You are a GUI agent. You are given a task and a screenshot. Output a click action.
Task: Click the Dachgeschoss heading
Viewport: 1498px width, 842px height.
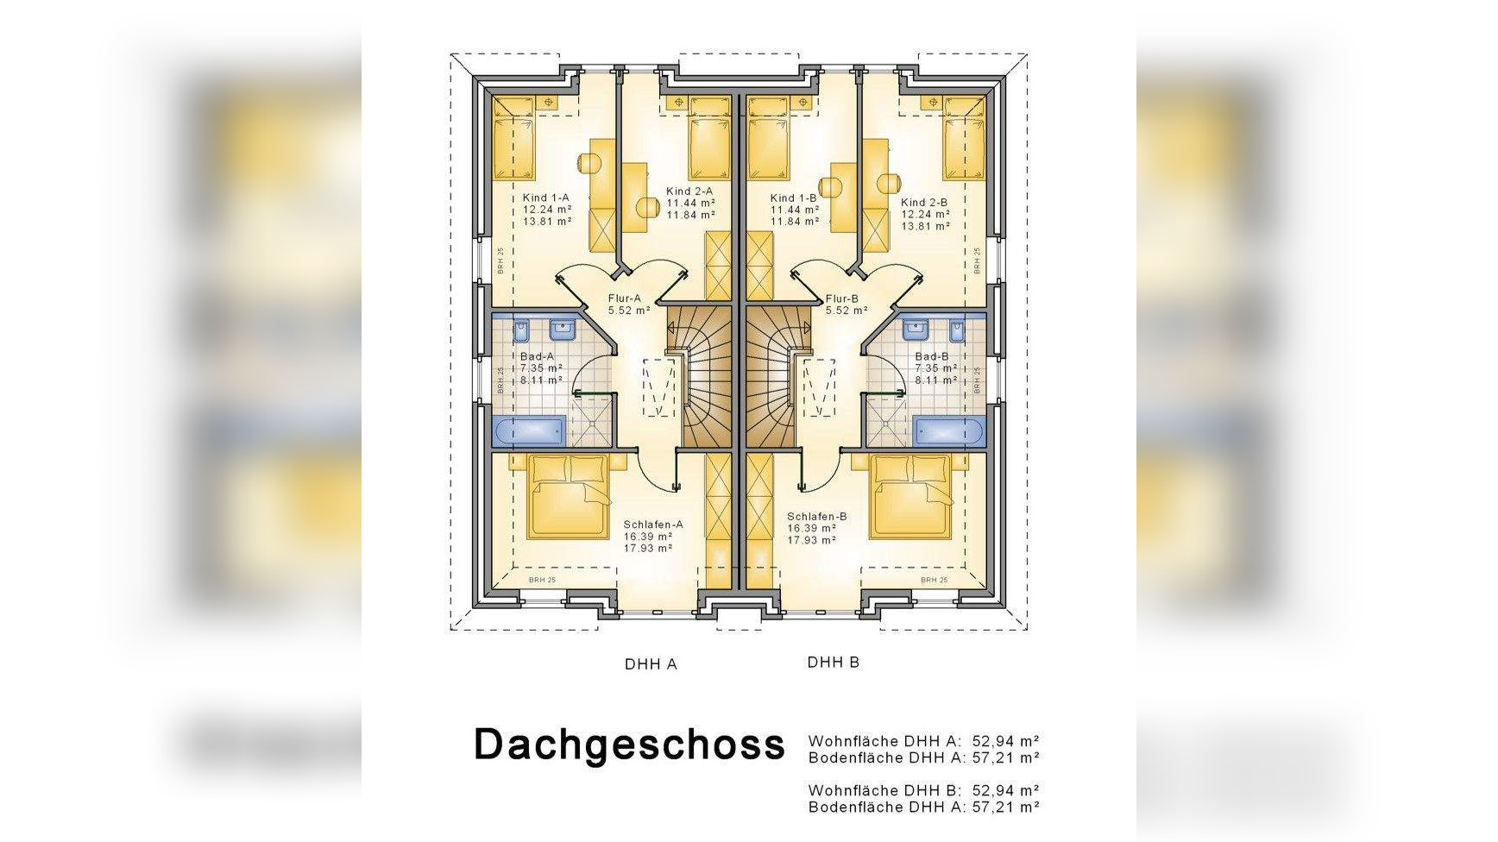629,744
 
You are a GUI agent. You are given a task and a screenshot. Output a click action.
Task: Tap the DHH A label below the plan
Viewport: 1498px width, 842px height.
651,664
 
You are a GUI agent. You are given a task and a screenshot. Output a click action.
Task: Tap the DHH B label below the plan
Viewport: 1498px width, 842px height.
833,663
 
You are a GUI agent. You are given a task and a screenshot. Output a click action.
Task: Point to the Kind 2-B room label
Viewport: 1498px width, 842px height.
924,203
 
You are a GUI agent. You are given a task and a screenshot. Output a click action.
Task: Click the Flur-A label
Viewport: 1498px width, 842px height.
624,298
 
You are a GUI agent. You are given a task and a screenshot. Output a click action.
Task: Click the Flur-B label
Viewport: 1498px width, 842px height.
841,298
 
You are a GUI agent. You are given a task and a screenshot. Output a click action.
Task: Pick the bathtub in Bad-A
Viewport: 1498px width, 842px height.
528,430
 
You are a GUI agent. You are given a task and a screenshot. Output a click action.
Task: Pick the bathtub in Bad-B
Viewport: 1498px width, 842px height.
949,430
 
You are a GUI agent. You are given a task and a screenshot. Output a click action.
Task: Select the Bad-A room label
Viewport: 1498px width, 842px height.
537,356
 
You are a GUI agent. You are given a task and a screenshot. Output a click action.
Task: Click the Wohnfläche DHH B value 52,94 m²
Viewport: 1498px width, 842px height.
1004,789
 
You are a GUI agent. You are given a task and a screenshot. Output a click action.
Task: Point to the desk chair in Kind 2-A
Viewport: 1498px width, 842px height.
647,207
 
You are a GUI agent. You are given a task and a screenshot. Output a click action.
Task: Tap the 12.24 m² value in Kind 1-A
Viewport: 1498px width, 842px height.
547,210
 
